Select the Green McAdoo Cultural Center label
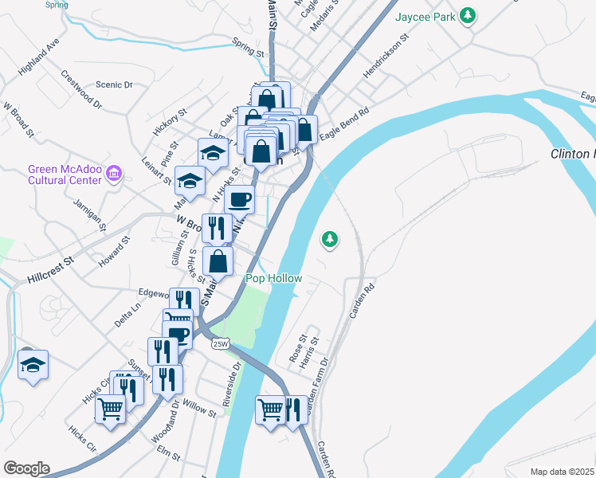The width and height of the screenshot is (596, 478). coord(65,174)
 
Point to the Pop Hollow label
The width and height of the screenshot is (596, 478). coord(273,278)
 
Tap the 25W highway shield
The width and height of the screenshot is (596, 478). coord(221,344)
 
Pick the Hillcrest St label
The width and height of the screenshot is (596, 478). coord(49,266)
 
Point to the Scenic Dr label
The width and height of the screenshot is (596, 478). coord(113,84)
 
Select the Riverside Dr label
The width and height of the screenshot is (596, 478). coord(232,386)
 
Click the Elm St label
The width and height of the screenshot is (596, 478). coord(169,454)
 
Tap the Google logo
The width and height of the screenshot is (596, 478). coord(25,468)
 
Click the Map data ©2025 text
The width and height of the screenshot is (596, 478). coord(562,472)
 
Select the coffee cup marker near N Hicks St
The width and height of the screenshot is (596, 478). coord(239,199)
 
